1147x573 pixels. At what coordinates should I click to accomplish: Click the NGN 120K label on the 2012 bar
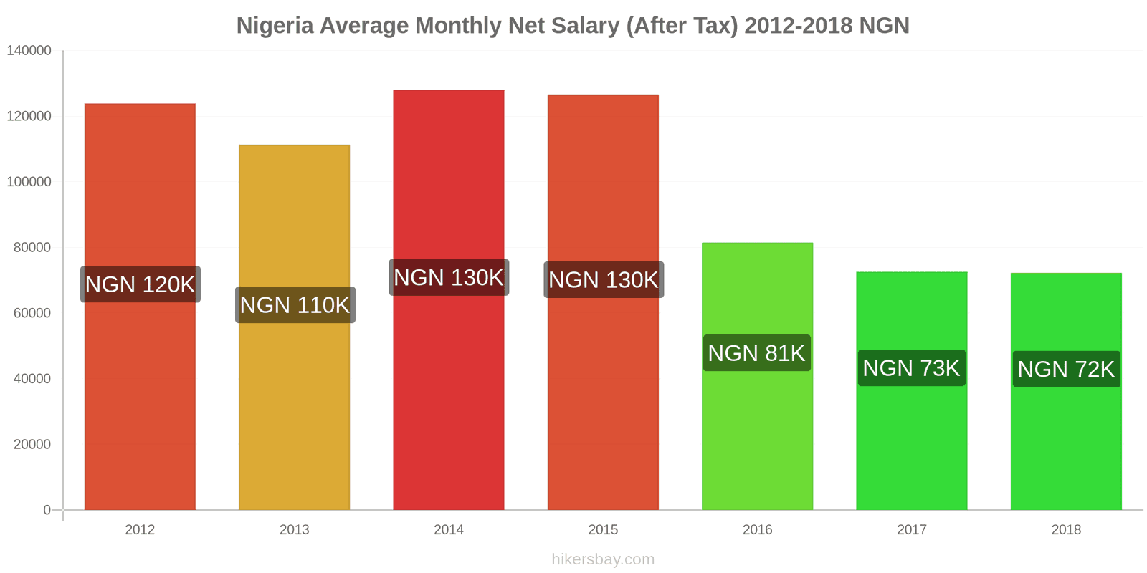pos(140,284)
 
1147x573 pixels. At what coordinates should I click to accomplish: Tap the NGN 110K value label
pos(295,305)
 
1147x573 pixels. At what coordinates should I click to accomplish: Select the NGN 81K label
pos(756,353)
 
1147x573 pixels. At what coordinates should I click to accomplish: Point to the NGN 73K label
pos(911,368)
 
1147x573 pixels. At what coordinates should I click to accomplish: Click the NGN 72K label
pos(1066,369)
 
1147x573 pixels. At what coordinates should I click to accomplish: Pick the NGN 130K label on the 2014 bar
pos(449,277)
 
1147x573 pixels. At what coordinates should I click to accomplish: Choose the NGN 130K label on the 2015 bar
pos(603,279)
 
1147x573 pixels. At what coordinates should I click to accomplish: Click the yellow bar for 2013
pos(295,415)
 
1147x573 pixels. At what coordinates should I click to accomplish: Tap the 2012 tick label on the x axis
pos(140,530)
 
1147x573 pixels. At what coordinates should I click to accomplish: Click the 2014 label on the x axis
pos(449,530)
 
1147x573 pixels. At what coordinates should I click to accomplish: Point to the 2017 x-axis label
pos(912,530)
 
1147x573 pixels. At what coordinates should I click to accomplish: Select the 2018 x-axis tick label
pos(1066,530)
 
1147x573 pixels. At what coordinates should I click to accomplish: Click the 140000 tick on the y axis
pos(29,51)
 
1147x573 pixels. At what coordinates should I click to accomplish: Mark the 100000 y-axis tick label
pos(29,182)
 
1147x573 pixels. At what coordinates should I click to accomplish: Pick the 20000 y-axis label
pos(32,445)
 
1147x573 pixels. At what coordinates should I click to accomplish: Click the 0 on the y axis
pos(47,510)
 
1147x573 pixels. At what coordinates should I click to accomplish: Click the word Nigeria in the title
pos(275,26)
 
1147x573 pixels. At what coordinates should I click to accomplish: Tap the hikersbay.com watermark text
pos(603,559)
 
